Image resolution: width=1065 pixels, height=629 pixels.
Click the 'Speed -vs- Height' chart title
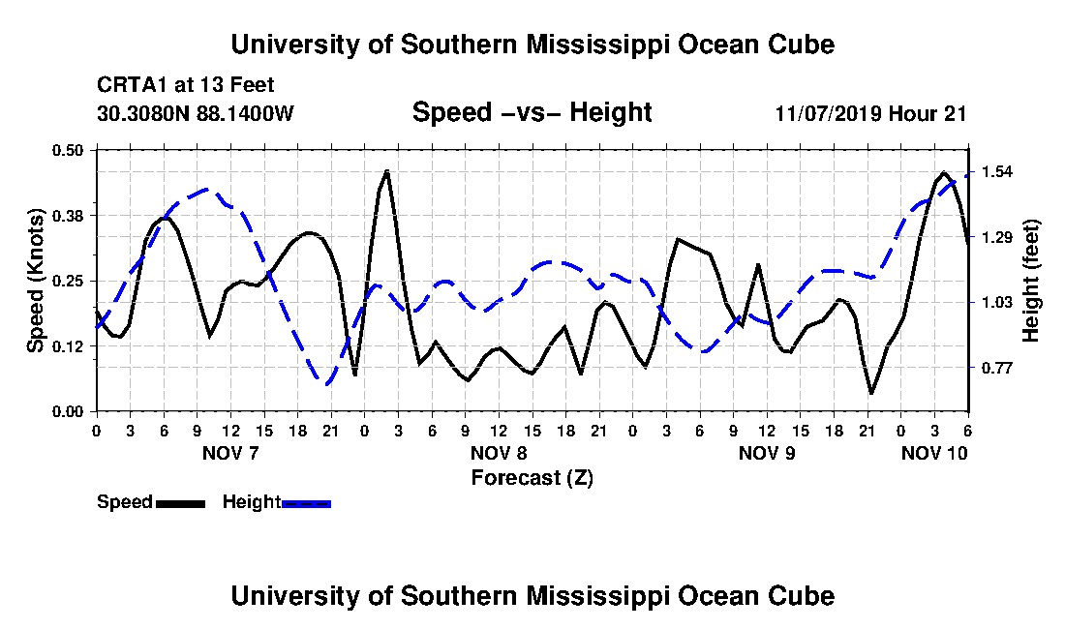[532, 112]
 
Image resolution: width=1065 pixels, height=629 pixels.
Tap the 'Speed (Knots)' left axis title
[35, 281]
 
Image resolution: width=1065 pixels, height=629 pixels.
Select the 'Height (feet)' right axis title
[1031, 281]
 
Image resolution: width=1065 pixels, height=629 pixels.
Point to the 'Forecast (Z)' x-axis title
[532, 478]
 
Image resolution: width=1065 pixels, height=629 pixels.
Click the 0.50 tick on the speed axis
[68, 150]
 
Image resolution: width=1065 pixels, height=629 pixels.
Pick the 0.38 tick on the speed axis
[68, 216]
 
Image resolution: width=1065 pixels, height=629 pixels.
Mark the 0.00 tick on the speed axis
[68, 412]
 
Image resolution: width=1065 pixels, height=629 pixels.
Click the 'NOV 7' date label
[231, 453]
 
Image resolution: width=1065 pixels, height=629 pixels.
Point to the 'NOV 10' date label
[934, 453]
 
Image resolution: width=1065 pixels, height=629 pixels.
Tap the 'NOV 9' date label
[767, 453]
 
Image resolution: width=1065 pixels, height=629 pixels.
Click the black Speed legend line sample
[181, 503]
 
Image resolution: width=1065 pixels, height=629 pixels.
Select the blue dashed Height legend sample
[306, 503]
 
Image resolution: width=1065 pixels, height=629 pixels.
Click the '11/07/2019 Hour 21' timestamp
[870, 113]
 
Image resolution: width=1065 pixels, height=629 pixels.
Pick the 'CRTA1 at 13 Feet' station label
[186, 85]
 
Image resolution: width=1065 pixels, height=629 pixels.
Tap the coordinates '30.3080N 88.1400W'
[196, 112]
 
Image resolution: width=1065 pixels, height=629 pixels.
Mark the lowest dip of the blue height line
[326, 384]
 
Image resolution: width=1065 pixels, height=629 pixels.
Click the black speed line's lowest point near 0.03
[871, 393]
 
